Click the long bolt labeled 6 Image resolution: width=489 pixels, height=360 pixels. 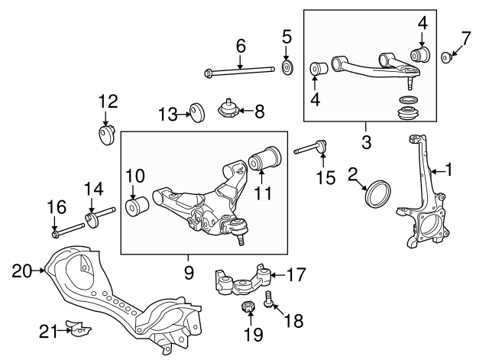pos(240,73)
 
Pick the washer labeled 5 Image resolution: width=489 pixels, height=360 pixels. pos(287,68)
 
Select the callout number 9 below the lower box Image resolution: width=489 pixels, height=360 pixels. pos(189,271)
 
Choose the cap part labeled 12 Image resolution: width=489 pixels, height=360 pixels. pos(105,135)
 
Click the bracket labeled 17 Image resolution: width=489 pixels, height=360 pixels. pos(244,284)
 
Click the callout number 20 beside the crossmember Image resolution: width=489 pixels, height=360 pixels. pos(20,269)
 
